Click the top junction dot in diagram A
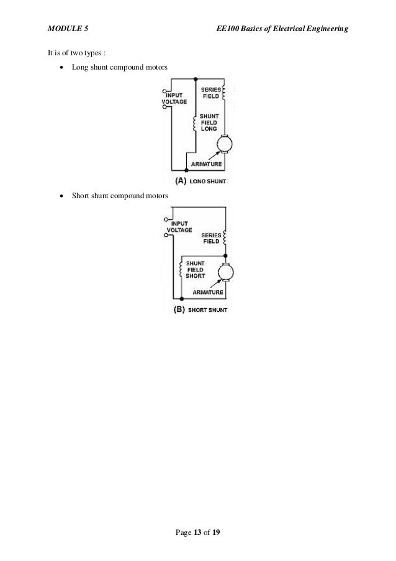196,78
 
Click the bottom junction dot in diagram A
187,170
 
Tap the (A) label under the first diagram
181,181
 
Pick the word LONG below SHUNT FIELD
209,129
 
